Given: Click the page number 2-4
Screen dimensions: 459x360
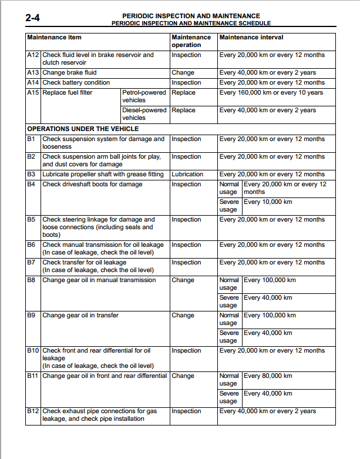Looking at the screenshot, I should (x=34, y=19).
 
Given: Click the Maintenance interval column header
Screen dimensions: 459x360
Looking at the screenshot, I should (x=251, y=37).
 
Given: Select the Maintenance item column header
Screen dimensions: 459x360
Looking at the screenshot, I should (x=55, y=37).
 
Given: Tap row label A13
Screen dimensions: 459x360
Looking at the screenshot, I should (x=33, y=73).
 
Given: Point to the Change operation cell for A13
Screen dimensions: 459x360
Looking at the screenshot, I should (x=183, y=73).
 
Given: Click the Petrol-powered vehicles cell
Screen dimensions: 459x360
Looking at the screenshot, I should (x=144, y=96).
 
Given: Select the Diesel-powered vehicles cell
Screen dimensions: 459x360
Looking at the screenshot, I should (x=144, y=114).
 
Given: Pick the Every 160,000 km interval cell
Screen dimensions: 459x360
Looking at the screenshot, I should (x=271, y=93).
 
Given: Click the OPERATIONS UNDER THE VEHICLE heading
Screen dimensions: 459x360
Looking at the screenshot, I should (x=83, y=128).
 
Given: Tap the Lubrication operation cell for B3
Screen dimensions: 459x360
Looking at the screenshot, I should (x=187, y=175).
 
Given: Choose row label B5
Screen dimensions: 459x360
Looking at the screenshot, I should (x=32, y=220).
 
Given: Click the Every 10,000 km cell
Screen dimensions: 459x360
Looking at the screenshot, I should (x=268, y=202).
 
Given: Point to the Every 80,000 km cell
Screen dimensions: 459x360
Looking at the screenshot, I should (x=268, y=376).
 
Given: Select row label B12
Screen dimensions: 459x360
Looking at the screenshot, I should (x=33, y=411).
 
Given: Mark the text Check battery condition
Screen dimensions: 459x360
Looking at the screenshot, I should (x=76, y=83).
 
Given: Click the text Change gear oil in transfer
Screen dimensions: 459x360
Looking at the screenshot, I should (x=80, y=316).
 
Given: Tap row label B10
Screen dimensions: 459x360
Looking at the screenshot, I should (x=33, y=351).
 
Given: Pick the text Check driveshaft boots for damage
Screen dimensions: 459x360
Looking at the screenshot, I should (x=92, y=185).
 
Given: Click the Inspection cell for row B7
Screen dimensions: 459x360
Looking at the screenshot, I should (x=186, y=263).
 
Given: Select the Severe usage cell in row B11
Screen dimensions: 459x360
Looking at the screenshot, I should (x=229, y=397).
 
